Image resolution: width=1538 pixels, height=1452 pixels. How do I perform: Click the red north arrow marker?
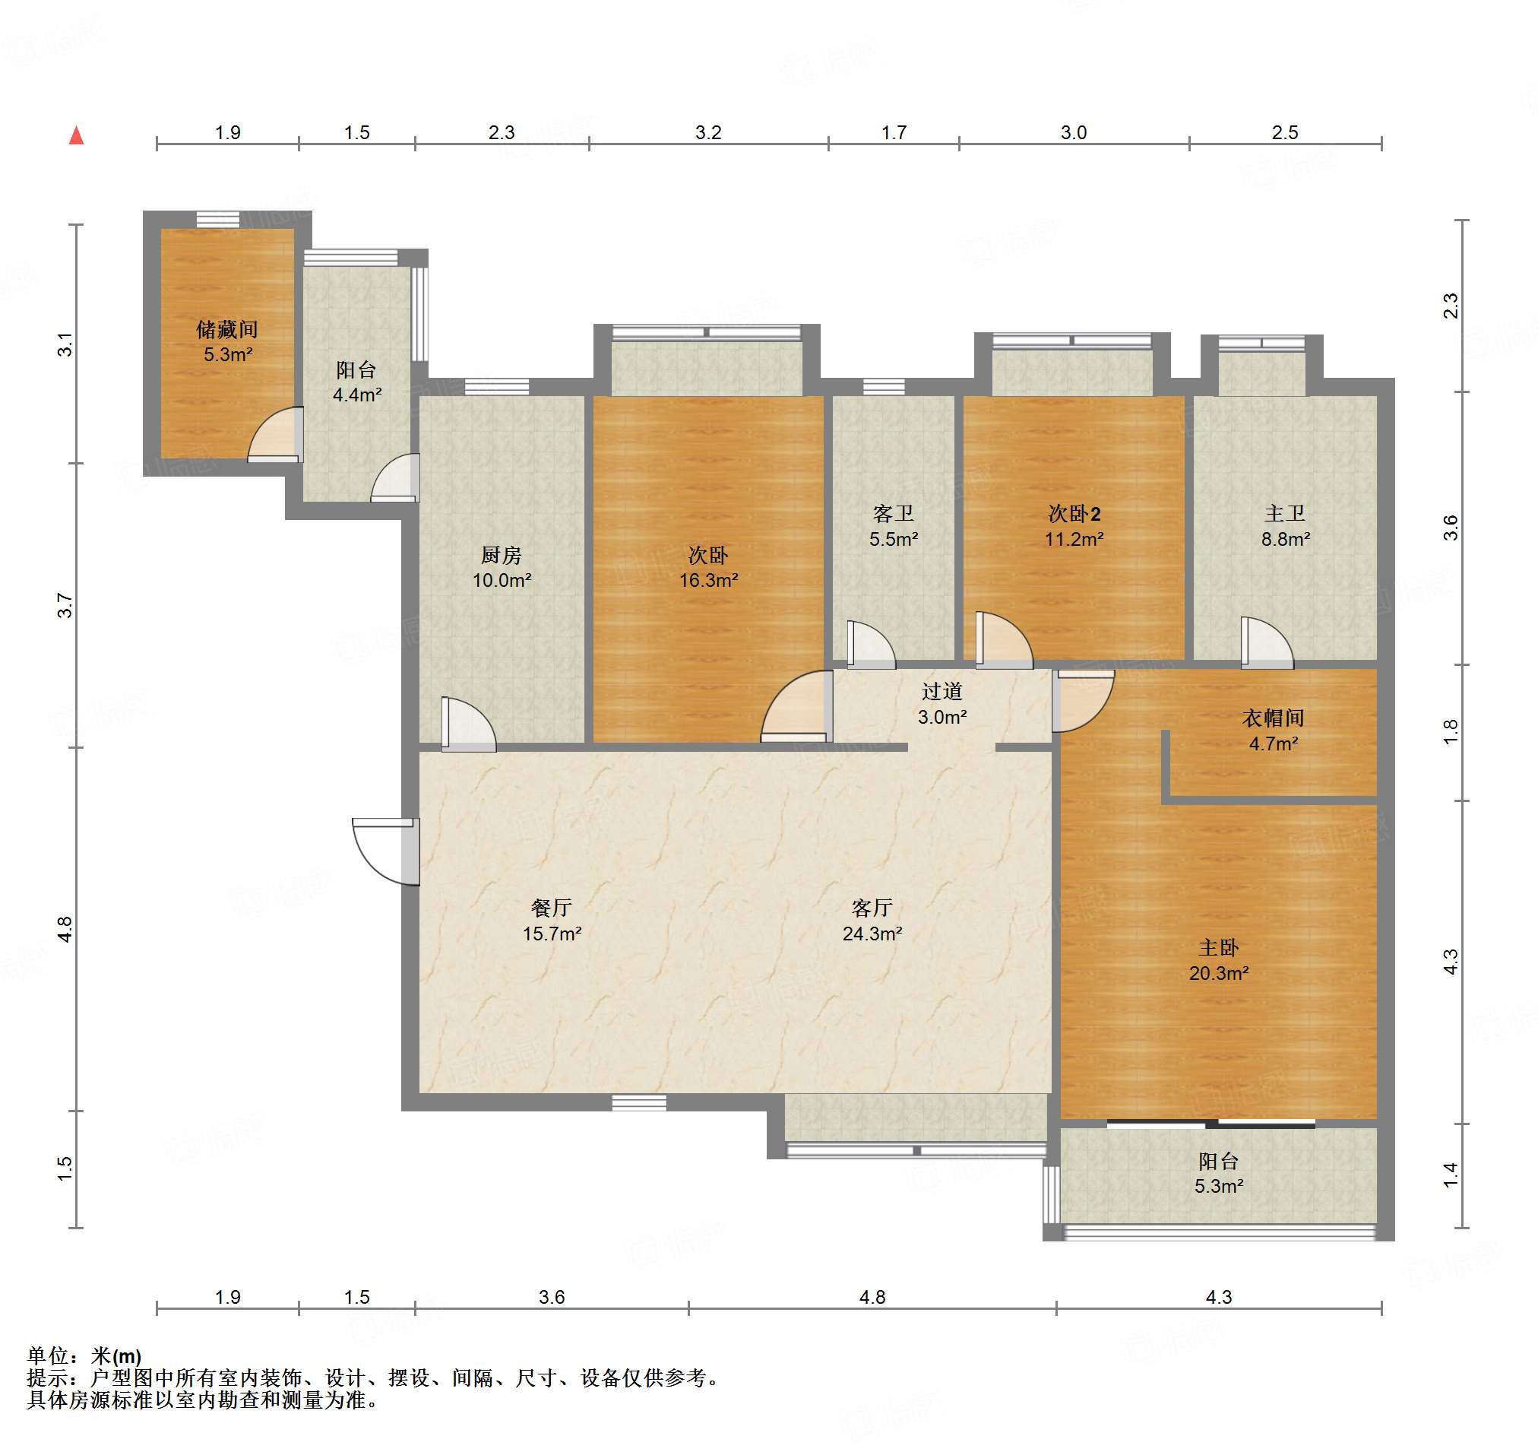[76, 135]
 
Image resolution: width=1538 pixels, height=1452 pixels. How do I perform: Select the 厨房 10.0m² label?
[502, 566]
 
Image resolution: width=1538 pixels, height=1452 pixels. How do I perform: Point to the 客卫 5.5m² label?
[894, 525]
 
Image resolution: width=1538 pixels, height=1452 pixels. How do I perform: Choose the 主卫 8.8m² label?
[1285, 525]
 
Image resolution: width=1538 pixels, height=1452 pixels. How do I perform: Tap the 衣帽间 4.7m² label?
[1274, 730]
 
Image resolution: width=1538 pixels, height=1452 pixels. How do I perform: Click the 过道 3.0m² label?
[941, 703]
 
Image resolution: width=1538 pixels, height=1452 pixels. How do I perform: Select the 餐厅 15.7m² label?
[552, 920]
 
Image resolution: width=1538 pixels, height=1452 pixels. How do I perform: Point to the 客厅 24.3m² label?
[872, 920]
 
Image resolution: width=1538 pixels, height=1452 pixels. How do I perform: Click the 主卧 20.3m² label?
[1219, 959]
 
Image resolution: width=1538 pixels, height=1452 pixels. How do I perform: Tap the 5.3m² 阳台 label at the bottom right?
[1219, 1172]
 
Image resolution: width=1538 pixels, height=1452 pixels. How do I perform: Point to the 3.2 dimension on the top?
[708, 132]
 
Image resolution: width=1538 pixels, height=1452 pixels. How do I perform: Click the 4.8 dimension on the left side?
[65, 929]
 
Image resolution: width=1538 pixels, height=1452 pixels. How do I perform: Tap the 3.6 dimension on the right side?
[1451, 528]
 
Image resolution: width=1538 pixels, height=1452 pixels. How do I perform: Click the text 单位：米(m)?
[84, 1355]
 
